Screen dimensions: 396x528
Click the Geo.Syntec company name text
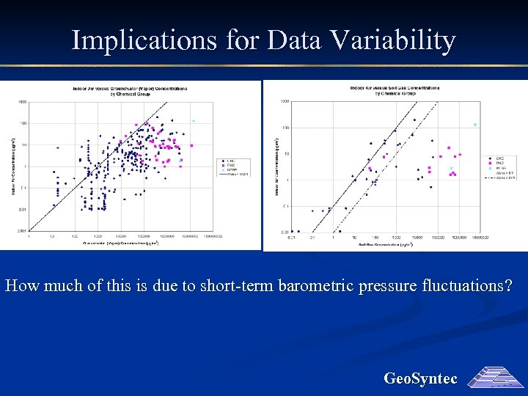pos(420,378)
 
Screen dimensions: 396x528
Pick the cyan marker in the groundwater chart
pos(194,120)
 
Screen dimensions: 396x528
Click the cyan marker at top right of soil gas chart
pos(475,125)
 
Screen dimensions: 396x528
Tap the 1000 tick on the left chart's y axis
pos(23,102)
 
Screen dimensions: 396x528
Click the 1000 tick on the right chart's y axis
pos(285,101)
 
